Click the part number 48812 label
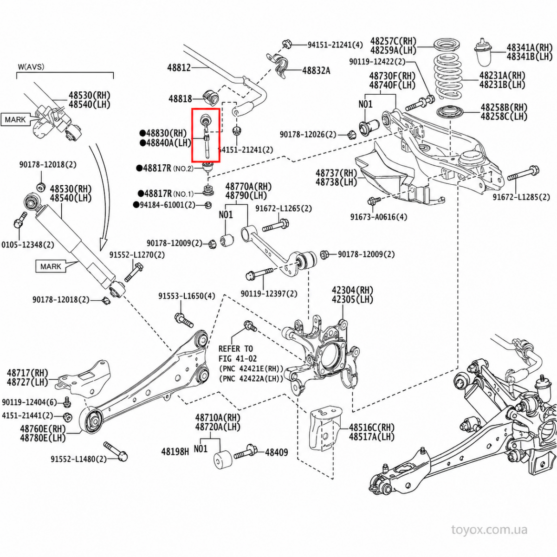pos(179,68)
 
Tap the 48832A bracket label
pos(316,71)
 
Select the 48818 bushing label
pos(181,99)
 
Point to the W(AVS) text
pos(31,67)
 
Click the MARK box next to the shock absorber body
pos(51,266)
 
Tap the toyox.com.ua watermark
pos(489,530)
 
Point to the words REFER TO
pos(236,349)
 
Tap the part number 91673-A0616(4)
pos(379,217)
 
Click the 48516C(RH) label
pos(371,427)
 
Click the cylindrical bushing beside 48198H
pos(223,460)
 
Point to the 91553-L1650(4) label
pos(187,296)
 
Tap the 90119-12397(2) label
pos(269,294)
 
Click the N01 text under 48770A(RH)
pos(226,215)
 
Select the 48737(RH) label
pos(337,173)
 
